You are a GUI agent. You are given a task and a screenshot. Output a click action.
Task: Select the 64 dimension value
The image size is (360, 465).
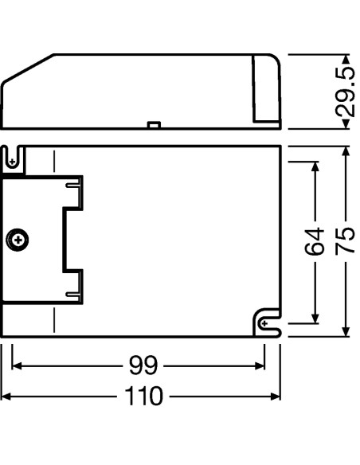point(315,241)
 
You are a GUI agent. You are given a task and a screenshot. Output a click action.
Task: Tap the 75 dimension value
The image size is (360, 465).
point(345,241)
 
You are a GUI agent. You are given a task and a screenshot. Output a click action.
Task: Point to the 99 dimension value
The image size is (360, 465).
point(143,365)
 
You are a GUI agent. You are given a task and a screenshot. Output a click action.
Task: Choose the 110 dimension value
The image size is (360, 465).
point(143,395)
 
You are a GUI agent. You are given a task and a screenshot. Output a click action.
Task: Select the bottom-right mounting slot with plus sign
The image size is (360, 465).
point(266,323)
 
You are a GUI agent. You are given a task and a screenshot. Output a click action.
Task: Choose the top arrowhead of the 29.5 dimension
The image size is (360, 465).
point(344,60)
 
